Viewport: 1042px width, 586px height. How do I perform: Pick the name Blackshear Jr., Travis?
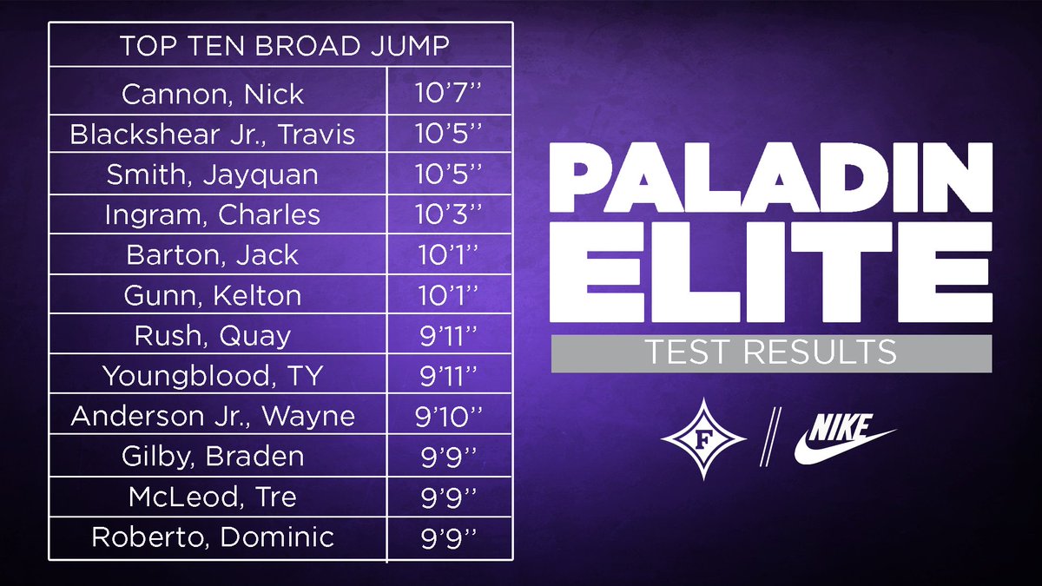pyautogui.click(x=214, y=134)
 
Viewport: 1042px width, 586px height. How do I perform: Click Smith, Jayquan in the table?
pyautogui.click(x=213, y=174)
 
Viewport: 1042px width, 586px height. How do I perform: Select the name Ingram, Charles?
pyautogui.click(x=213, y=214)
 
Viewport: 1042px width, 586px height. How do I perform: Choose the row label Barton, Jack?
pyautogui.click(x=213, y=254)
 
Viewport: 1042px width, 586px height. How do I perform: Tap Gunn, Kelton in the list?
pyautogui.click(x=214, y=295)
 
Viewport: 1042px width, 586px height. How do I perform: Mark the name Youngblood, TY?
pyautogui.click(x=213, y=376)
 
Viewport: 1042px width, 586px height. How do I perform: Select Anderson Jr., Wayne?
pyautogui.click(x=214, y=416)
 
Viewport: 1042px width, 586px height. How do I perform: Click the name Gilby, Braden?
pyautogui.click(x=213, y=456)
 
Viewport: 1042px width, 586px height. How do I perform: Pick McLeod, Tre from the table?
pyautogui.click(x=214, y=497)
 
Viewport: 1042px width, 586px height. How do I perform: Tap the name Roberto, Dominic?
pyautogui.click(x=214, y=537)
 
